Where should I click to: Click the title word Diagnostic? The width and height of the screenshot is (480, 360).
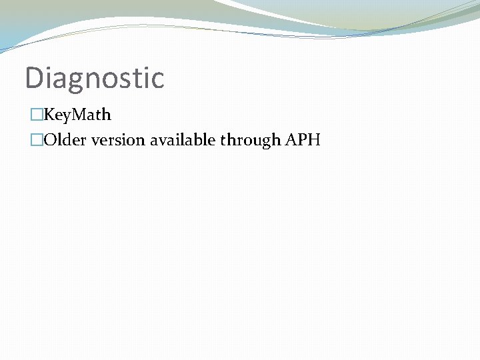pyautogui.click(x=94, y=77)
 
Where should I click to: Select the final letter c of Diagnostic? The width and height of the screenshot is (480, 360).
pyautogui.click(x=157, y=79)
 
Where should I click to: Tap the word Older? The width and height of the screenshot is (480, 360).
pyautogui.click(x=62, y=141)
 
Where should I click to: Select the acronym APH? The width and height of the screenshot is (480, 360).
pyautogui.click(x=302, y=141)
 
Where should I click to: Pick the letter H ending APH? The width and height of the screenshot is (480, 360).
pyautogui.click(x=314, y=141)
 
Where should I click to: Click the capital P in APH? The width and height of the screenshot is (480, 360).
pyautogui.click(x=302, y=141)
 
